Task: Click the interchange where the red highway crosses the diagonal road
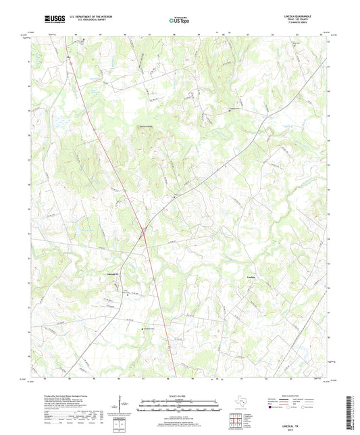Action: click(x=144, y=233)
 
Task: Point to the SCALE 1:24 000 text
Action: click(x=180, y=395)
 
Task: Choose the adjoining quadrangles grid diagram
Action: click(x=236, y=421)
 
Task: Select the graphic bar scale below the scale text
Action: click(x=180, y=406)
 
